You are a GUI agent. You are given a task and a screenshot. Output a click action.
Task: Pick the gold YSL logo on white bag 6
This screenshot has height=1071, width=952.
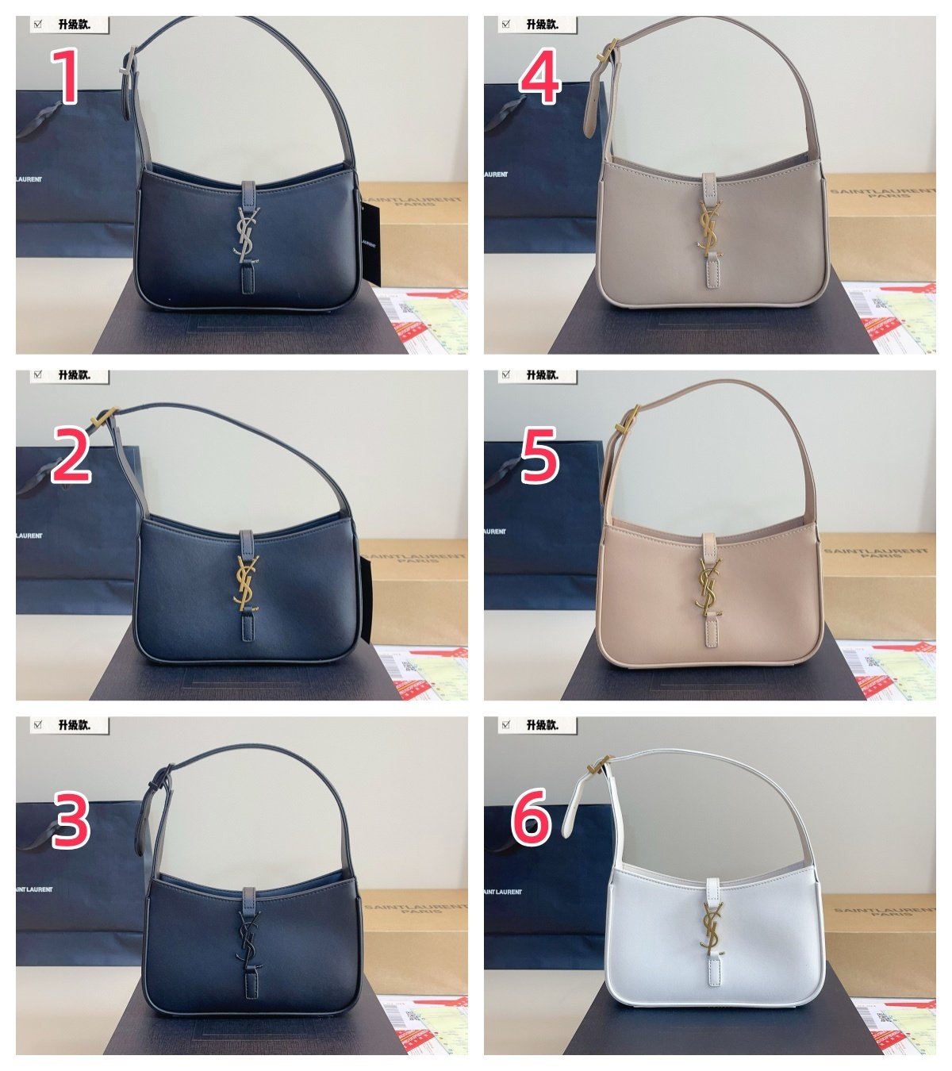coord(708,927)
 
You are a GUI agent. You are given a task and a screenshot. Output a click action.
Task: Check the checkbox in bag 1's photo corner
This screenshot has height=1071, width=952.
coord(36,25)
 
